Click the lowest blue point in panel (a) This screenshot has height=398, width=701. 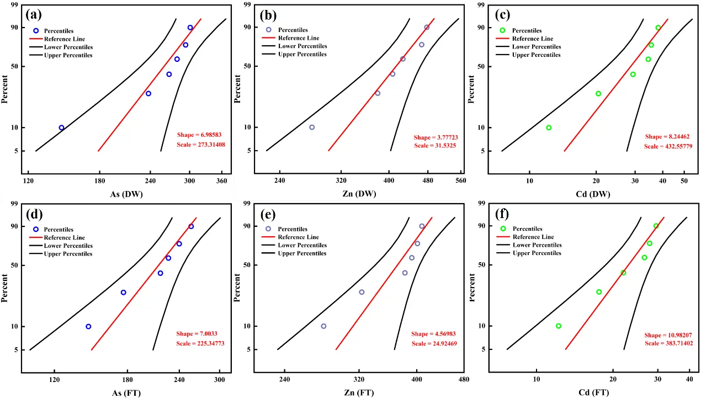click(x=61, y=128)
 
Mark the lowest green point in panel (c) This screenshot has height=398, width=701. click(x=549, y=128)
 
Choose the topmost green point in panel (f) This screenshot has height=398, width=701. click(x=656, y=226)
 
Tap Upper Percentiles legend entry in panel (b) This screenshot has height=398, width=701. click(x=302, y=54)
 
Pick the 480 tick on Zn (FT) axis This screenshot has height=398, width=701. click(x=464, y=379)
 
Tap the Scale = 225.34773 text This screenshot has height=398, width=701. click(x=200, y=344)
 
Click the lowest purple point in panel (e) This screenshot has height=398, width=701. click(x=323, y=326)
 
